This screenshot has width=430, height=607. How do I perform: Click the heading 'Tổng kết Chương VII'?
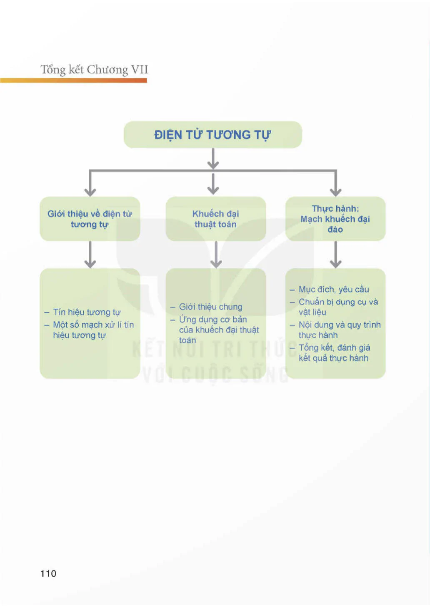pos(94,70)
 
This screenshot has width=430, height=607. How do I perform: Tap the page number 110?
pos(48,573)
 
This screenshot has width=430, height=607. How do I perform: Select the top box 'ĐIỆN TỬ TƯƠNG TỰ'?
pos(212,135)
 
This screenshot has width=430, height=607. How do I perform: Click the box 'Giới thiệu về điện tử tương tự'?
pos(90,219)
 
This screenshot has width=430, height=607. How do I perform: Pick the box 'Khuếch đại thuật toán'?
pos(216,219)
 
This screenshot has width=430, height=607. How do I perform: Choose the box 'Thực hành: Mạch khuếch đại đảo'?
pos(335,219)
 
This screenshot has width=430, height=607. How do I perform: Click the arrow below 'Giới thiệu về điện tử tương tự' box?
pos(90,255)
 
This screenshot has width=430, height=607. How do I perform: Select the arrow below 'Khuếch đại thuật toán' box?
pos(216,255)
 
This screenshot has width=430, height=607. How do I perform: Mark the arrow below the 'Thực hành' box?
pos(335,255)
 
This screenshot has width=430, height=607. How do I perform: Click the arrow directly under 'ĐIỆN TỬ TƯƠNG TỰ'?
pos(213,159)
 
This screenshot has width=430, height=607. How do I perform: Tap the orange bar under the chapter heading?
pos(73,80)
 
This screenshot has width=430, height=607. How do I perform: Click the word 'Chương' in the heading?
pos(107,70)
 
